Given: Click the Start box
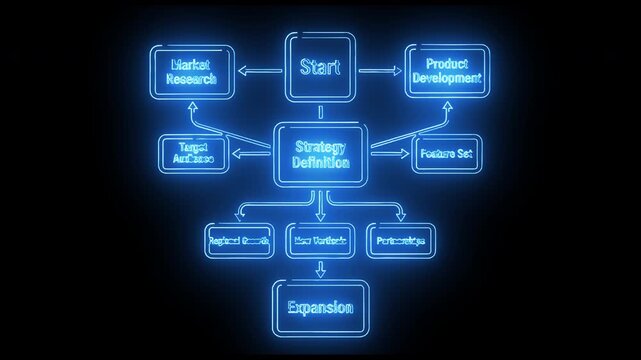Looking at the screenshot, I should point(320,68).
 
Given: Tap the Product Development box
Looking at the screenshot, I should point(446,71).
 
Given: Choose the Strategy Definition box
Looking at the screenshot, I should point(320,155).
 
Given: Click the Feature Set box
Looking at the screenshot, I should point(446,154).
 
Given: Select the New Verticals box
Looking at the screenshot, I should point(320,241).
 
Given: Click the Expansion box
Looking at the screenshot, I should point(320,307).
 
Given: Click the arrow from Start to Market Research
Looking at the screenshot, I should point(261,71).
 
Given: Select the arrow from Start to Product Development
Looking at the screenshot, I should point(380,71).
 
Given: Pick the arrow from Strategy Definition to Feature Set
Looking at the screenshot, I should point(390,154).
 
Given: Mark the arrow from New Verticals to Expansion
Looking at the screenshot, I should point(320,268).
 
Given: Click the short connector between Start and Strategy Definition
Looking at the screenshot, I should point(320,112).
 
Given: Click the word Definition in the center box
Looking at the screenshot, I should point(320,162).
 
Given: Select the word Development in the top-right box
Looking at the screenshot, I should point(446,78).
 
